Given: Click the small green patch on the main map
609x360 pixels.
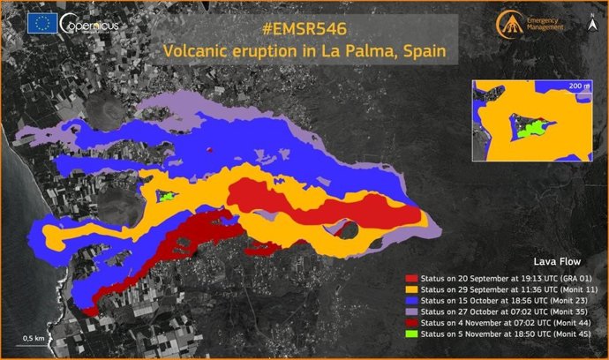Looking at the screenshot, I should pyautogui.click(x=165, y=196).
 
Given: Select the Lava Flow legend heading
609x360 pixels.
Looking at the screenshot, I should pyautogui.click(x=557, y=262).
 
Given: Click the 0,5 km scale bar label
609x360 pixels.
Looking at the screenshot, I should pyautogui.click(x=34, y=338).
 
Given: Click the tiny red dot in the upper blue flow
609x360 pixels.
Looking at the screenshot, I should pyautogui.click(x=209, y=150).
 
